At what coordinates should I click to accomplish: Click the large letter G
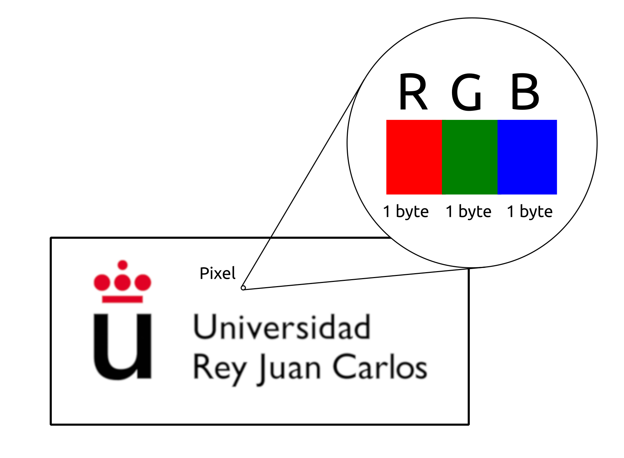pos(467,93)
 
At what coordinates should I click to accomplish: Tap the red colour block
pos(414,157)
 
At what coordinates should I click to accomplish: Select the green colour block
pos(469,157)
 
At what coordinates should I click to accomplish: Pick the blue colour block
pos(527,157)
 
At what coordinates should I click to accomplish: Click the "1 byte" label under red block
pos(406,212)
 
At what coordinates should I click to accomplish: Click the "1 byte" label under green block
pos(468,212)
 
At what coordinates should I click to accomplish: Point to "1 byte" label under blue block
pos(530,212)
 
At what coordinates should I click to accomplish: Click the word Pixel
pos(217,273)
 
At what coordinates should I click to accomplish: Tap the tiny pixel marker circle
pos(243,288)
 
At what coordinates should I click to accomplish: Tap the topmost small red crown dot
pos(122,265)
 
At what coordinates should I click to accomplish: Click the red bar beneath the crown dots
pos(122,299)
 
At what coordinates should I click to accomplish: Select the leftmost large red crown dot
pos(101,282)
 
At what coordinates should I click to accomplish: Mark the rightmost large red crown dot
pos(143,282)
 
